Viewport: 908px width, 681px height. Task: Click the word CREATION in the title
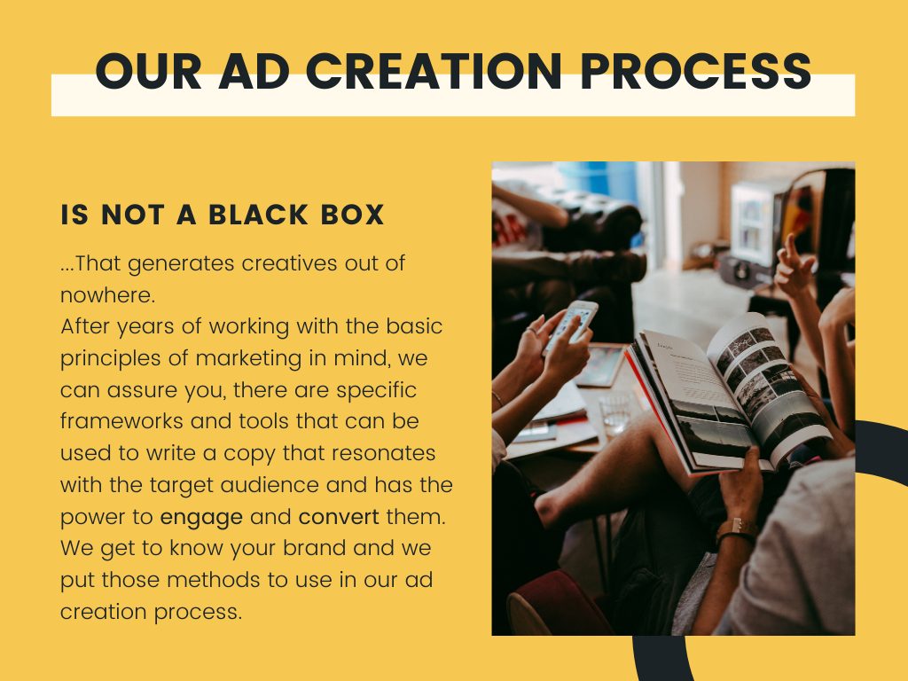[x=434, y=71]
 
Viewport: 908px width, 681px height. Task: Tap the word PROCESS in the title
[x=695, y=71]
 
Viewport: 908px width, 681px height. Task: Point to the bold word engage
[x=201, y=518]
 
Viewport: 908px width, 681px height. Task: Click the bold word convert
[x=339, y=516]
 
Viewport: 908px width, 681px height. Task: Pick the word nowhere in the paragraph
[x=107, y=295]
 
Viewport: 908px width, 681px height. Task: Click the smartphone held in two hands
[x=572, y=325]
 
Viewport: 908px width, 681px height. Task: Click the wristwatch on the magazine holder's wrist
[x=737, y=532]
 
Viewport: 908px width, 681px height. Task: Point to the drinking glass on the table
[x=617, y=411]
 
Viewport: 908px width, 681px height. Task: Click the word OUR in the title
[x=148, y=71]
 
